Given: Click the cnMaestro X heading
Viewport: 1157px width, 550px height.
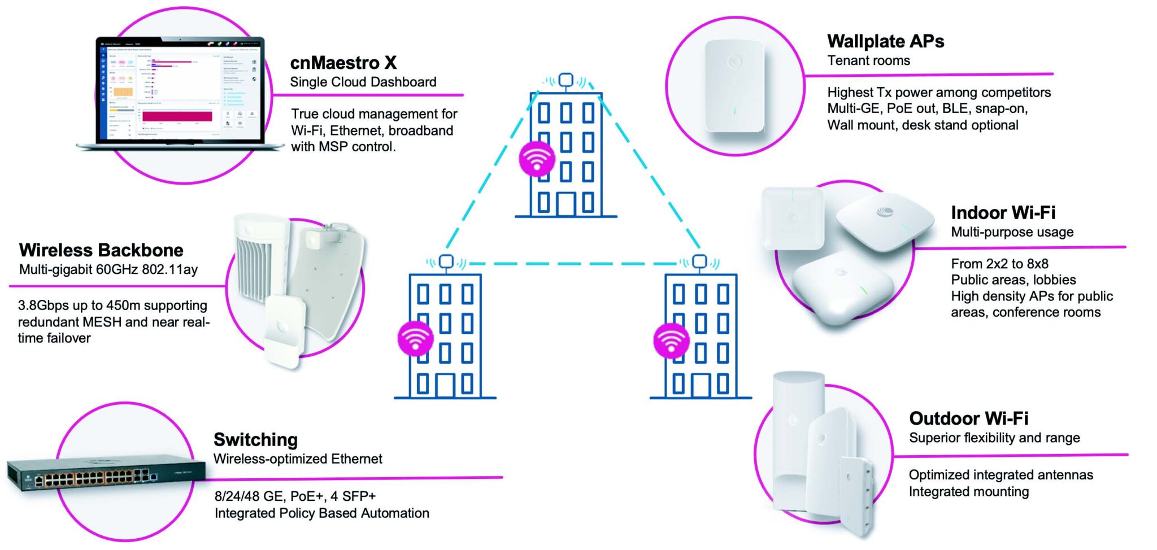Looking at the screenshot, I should [x=343, y=62].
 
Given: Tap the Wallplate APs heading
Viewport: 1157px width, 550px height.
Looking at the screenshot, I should [x=885, y=41].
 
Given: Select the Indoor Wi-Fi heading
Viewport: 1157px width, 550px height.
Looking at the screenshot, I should [x=1003, y=212].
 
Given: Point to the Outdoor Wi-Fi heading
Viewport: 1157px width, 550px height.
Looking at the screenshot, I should [x=968, y=418].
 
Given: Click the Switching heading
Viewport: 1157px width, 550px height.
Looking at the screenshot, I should [x=255, y=439].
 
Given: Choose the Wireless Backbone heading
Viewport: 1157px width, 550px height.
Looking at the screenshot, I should [x=101, y=250].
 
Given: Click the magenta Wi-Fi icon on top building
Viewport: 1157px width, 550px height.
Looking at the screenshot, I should [x=536, y=159].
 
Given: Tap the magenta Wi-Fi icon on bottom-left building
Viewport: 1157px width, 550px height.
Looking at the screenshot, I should [x=415, y=338].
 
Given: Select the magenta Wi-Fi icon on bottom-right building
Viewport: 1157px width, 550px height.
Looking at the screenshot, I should [x=671, y=341].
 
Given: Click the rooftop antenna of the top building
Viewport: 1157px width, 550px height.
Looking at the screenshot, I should [x=566, y=81].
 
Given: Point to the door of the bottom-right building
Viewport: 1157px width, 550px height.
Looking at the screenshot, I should [x=701, y=385].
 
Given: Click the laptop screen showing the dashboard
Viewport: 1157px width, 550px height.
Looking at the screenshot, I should [x=180, y=90].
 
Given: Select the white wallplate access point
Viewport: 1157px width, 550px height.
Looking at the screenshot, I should [x=734, y=85].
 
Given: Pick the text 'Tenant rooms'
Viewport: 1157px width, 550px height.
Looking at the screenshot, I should [x=868, y=60].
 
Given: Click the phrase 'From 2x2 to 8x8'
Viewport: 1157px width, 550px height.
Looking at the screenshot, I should [x=999, y=264].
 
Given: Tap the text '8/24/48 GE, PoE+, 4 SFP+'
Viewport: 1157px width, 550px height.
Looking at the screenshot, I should [x=295, y=496].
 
